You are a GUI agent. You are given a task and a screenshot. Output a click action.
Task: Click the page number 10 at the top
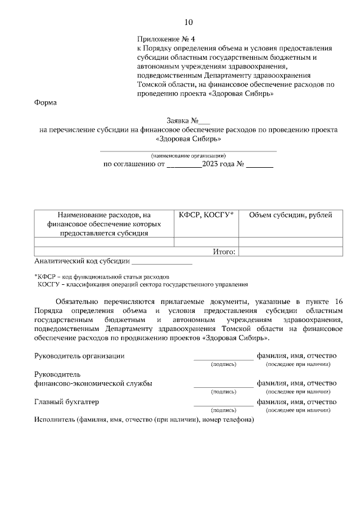(x=188, y=23)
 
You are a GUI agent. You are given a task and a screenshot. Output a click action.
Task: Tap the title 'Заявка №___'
(x=188, y=120)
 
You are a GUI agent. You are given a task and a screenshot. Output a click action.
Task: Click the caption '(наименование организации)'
(x=188, y=155)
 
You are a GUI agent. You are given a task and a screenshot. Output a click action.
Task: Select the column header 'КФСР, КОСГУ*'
(x=206, y=215)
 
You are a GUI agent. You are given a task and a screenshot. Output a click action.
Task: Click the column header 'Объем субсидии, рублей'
(x=290, y=215)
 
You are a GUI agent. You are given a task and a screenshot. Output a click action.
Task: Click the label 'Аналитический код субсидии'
(x=82, y=261)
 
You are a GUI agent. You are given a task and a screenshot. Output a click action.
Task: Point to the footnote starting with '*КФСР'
(x=101, y=277)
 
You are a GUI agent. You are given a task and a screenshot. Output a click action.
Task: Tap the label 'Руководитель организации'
(x=79, y=356)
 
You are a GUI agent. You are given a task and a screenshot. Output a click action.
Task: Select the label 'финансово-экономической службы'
(x=93, y=383)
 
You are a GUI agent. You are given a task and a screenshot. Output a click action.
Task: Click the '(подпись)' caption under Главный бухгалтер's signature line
(x=223, y=410)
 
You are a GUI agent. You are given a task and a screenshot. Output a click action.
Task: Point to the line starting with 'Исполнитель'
(x=144, y=419)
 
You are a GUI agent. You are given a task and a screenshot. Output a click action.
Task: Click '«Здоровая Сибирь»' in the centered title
(x=188, y=138)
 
